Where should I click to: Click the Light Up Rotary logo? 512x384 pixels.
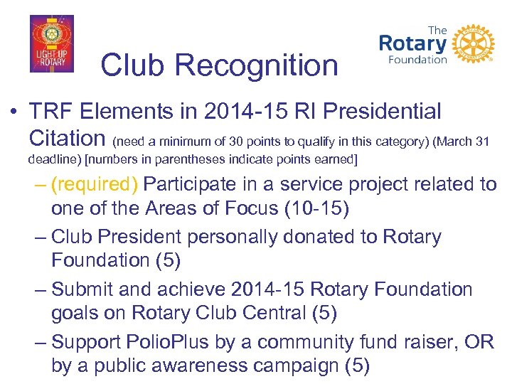(x=51, y=44)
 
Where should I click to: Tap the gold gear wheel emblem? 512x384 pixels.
(x=473, y=45)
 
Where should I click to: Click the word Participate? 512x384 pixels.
(x=189, y=185)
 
